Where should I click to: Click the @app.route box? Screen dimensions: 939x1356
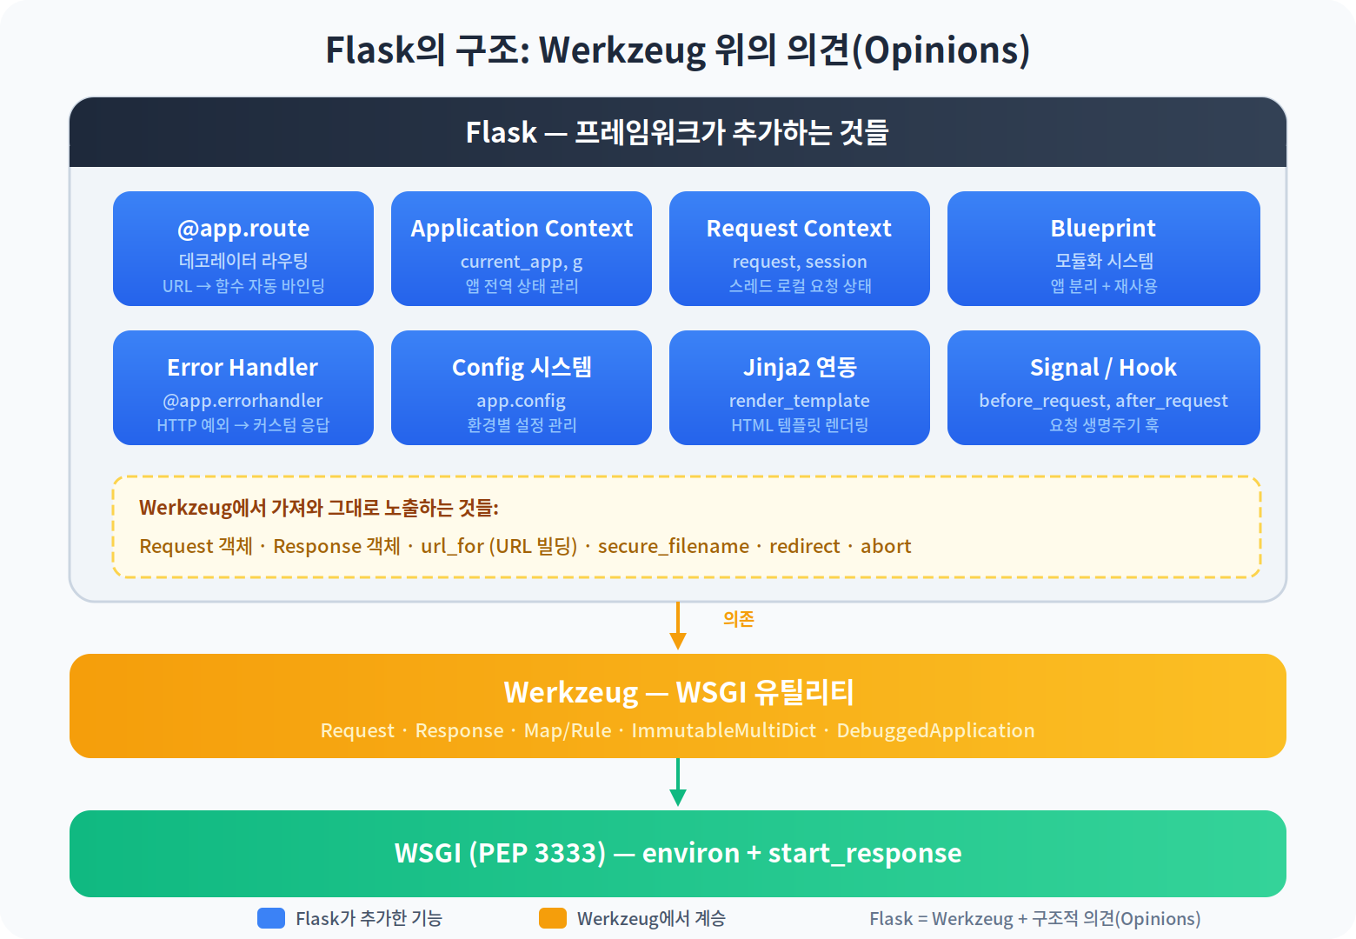point(243,249)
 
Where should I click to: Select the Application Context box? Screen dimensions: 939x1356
point(522,249)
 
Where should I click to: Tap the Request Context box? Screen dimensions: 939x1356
point(800,249)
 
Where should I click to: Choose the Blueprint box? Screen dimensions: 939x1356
point(1104,249)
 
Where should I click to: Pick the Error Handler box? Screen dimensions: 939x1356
point(243,388)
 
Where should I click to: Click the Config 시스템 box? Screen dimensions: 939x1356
point(522,388)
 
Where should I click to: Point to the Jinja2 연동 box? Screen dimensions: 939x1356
point(800,388)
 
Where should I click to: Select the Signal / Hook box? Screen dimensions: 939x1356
point(1104,388)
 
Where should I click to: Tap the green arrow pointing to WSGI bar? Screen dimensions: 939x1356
point(678,782)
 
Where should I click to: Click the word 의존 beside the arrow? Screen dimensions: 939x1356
point(739,619)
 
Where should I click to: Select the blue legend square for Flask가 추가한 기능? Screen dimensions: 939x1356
point(271,918)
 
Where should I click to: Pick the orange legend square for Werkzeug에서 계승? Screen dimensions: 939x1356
point(553,918)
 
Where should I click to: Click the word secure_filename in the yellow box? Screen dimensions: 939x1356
point(674,546)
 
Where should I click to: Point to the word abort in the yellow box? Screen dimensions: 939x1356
point(886,546)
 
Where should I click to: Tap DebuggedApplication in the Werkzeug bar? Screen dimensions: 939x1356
point(935,730)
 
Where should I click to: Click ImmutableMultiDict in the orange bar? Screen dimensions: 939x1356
point(724,730)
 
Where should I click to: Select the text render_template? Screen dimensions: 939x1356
point(800,401)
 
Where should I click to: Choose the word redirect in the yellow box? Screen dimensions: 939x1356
point(805,546)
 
